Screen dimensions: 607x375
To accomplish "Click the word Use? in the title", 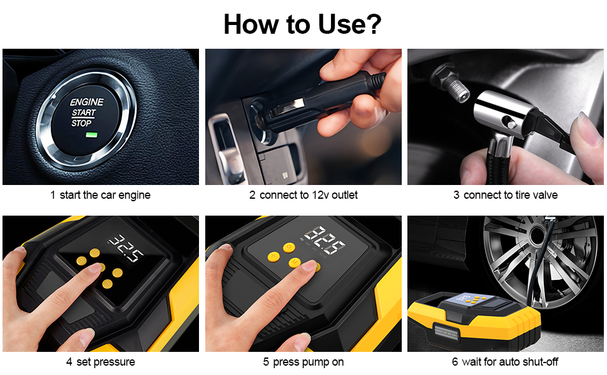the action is [350, 24].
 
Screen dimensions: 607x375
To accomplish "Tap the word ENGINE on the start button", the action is [87, 102].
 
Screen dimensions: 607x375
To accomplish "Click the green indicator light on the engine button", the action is [92, 135].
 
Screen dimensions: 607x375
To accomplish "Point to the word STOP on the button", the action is [81, 123].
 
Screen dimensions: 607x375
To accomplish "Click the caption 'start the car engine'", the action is [105, 195].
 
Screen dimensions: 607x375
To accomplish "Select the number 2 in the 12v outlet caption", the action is [252, 195].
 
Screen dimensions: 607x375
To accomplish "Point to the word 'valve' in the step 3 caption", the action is [545, 195].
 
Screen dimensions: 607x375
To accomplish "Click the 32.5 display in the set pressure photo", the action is [126, 247].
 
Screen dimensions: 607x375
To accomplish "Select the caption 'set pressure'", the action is [106, 362].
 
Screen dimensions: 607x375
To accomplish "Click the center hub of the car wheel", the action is [538, 234].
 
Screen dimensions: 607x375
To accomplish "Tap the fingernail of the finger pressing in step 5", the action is [310, 265].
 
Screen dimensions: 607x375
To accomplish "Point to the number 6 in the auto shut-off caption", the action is [455, 362].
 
